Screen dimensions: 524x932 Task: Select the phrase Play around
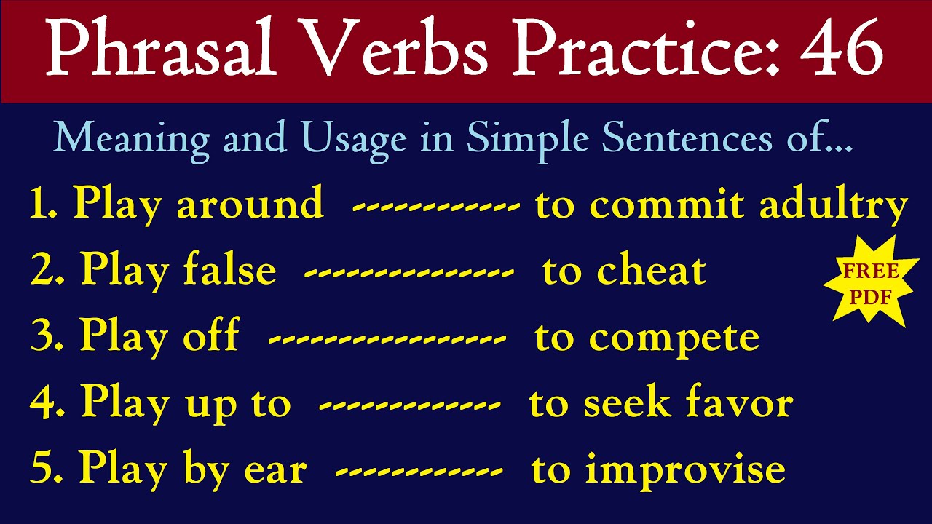(x=198, y=204)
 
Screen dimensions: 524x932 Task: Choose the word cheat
(x=652, y=271)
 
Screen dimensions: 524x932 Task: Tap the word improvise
(x=685, y=470)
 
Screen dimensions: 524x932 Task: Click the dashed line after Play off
(x=387, y=339)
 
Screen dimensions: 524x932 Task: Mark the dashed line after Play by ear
(x=419, y=472)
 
